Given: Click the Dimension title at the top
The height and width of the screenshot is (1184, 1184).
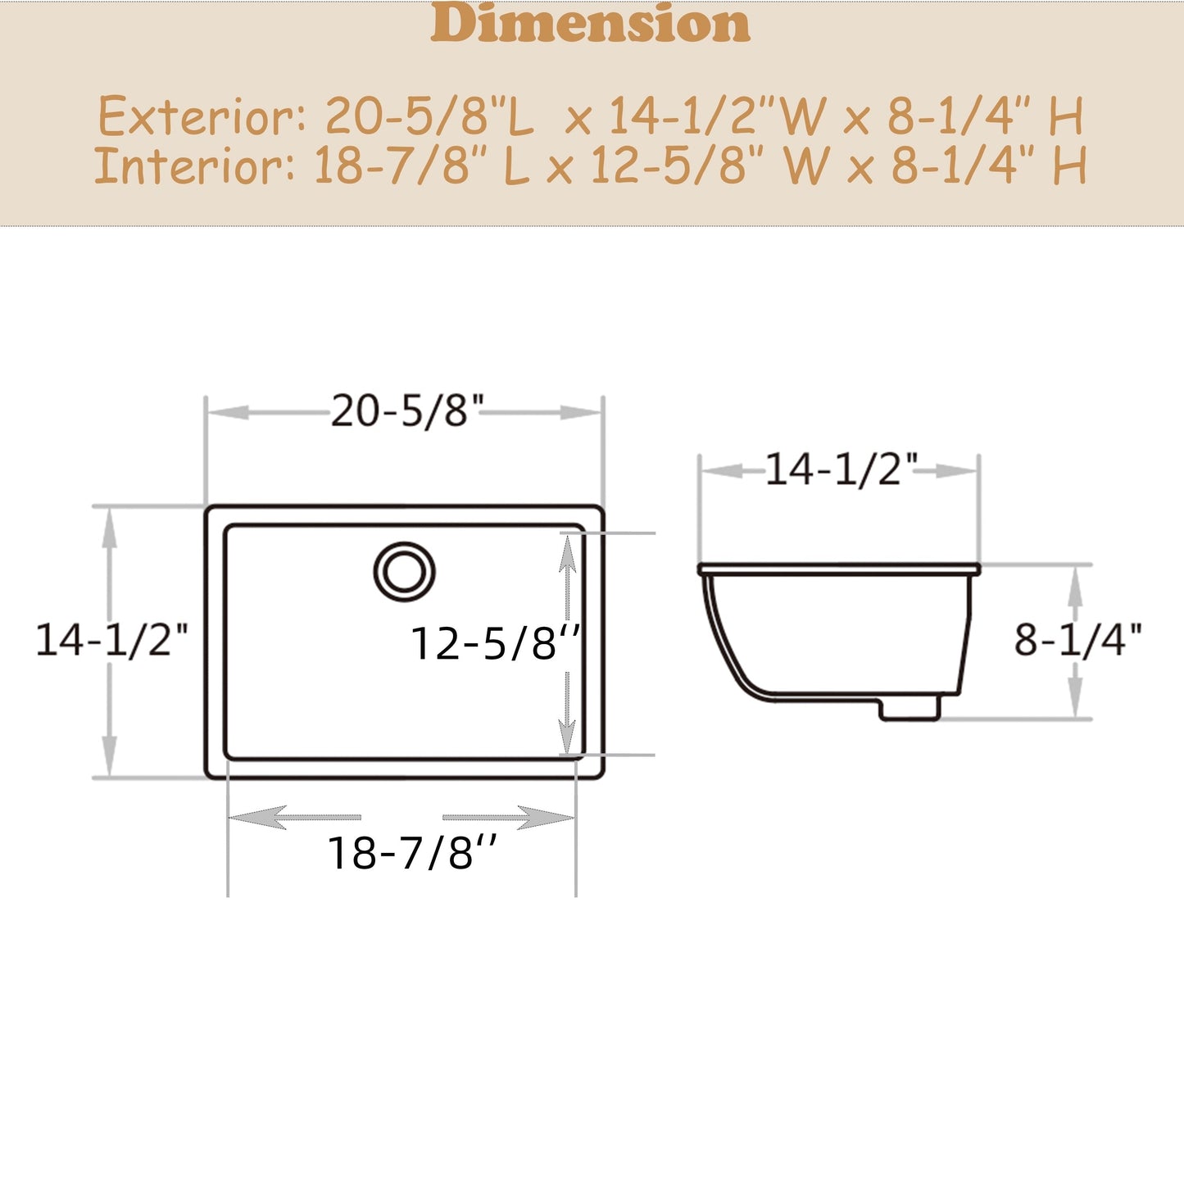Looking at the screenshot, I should coord(590,25).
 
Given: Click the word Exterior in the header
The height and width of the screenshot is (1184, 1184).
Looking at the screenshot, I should coord(202,116).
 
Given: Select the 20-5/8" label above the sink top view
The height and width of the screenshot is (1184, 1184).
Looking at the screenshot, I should coord(407,411).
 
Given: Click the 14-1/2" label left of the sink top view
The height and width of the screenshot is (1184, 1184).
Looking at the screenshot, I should coord(111,639).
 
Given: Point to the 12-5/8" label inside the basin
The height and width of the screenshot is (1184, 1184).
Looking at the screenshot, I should coord(495,643).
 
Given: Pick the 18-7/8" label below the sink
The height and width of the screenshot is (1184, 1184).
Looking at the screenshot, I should coord(411,853).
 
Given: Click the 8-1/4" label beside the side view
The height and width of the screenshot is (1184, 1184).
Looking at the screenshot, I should coord(1077,640).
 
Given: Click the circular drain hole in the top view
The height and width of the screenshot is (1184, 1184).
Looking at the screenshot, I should coord(404,571).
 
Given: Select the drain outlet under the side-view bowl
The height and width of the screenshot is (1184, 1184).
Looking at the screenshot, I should coord(910,709).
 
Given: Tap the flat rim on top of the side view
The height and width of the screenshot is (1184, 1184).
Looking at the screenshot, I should coord(839,568).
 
